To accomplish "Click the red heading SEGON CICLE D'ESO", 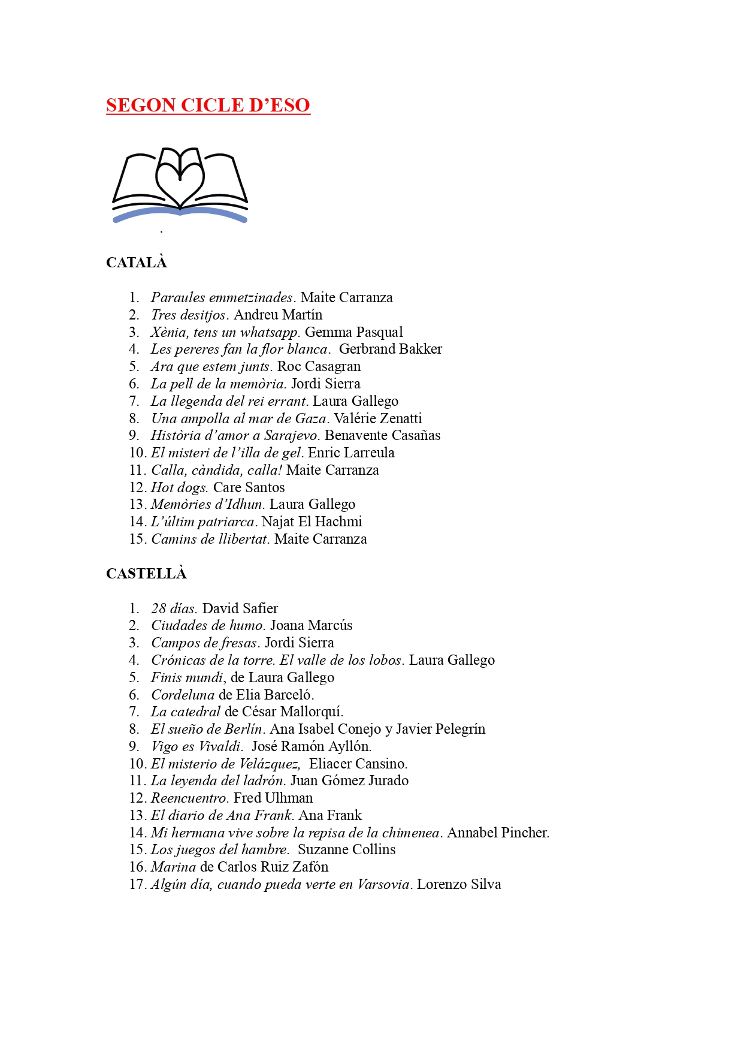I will pyautogui.click(x=208, y=105).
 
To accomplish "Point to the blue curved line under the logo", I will pyautogui.click(x=180, y=214).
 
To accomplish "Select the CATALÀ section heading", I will pyautogui.click(x=136, y=263).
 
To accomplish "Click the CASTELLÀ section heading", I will pyautogui.click(x=146, y=574).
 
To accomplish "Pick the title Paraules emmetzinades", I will pyautogui.click(x=222, y=297).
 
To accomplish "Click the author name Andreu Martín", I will pyautogui.click(x=278, y=315).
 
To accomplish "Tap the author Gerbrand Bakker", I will pyautogui.click(x=391, y=349).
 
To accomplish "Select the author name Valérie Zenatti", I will pyautogui.click(x=378, y=418).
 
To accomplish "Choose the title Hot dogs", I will pyautogui.click(x=179, y=487).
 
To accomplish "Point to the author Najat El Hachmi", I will pyautogui.click(x=312, y=522).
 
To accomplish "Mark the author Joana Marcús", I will pyautogui.click(x=311, y=625).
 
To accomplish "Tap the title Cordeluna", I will pyautogui.click(x=183, y=695).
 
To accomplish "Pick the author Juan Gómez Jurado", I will pyautogui.click(x=350, y=780).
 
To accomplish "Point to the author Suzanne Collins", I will pyautogui.click(x=347, y=849).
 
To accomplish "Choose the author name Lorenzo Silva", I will pyautogui.click(x=459, y=884).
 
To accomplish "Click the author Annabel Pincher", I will pyautogui.click(x=498, y=833).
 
